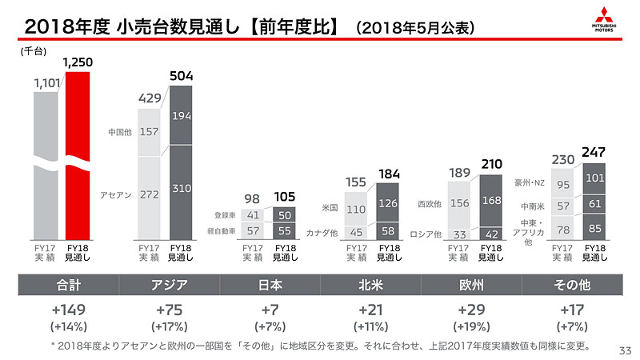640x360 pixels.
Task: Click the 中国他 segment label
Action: click(x=120, y=131)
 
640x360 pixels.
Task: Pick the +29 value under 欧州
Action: click(x=470, y=310)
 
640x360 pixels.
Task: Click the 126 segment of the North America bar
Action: click(x=387, y=203)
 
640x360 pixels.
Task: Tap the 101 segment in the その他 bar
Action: click(x=594, y=178)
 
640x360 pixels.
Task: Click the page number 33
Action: click(x=625, y=349)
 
